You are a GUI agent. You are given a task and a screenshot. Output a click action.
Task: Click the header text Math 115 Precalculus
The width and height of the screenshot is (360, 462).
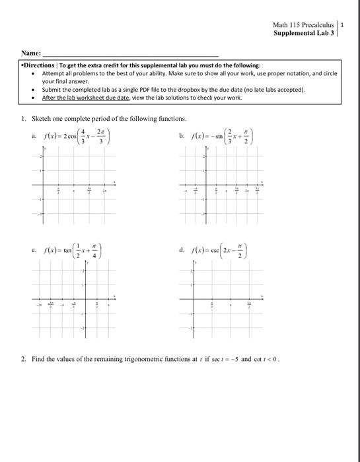(x=305, y=25)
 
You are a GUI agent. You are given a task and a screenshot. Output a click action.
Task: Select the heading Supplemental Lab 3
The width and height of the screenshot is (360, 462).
(x=306, y=33)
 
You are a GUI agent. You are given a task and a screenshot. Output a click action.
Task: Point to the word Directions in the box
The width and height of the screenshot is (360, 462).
(x=40, y=66)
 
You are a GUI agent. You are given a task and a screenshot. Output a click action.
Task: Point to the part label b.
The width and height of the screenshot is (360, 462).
(x=181, y=136)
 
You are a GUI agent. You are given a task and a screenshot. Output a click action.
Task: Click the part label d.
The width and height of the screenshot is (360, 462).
(x=181, y=249)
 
